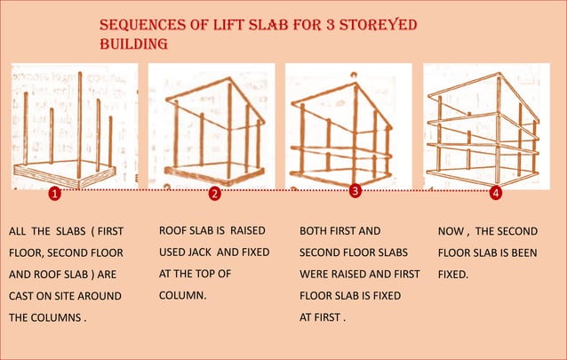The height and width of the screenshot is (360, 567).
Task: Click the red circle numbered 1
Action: click(54, 193)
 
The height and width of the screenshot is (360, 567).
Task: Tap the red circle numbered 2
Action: click(214, 193)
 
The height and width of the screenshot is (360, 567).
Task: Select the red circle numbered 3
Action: click(355, 191)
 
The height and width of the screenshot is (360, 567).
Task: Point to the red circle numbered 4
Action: click(495, 192)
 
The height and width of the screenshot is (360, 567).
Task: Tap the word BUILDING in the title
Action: click(133, 44)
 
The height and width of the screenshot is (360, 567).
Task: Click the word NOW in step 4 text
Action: click(452, 231)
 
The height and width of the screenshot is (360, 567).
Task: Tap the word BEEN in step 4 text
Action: click(521, 252)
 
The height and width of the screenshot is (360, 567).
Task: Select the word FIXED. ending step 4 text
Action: click(453, 274)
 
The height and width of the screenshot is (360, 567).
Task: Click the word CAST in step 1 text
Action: click(22, 295)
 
